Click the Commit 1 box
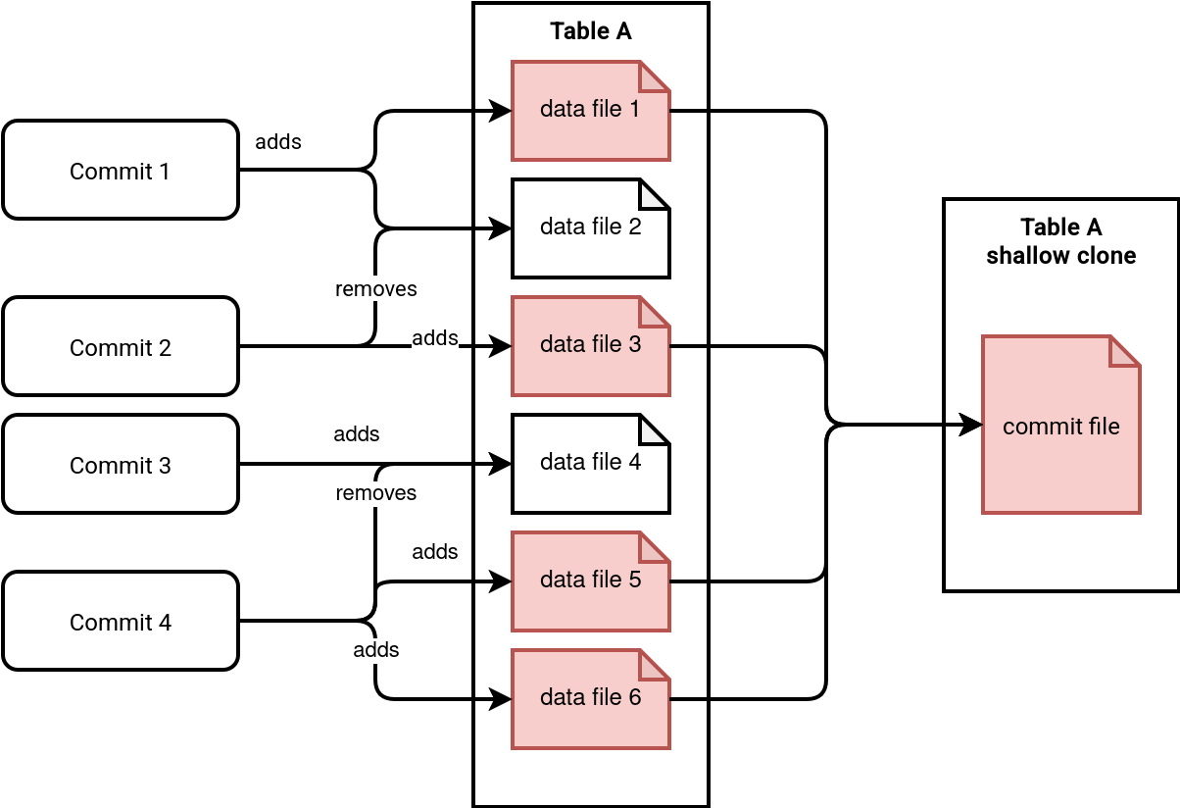[x=120, y=170]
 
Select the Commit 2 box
[x=120, y=346]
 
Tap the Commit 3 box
[x=120, y=464]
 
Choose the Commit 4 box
[x=120, y=621]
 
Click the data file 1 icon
[x=590, y=110]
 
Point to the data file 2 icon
[x=590, y=227]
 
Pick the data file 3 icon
[x=590, y=345]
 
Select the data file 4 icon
[x=590, y=463]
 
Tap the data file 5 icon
[x=590, y=581]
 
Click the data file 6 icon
[x=590, y=698]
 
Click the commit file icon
[x=1060, y=425]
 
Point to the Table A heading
[x=591, y=31]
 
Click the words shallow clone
[x=1061, y=256]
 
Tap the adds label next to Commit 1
[x=278, y=141]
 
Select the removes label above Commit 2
[x=376, y=289]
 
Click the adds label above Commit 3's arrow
[x=357, y=433]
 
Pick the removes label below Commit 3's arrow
[x=376, y=492]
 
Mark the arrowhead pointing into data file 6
[x=502, y=699]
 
